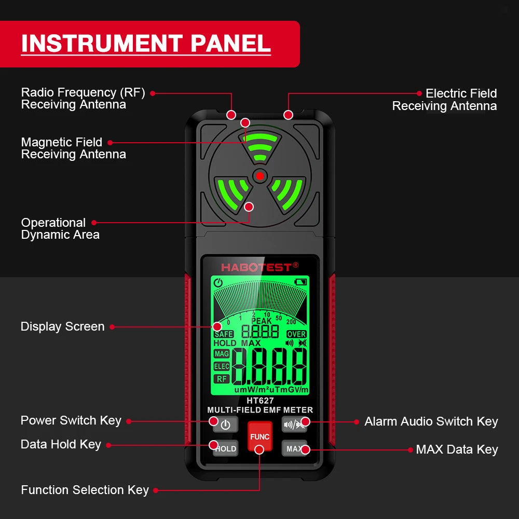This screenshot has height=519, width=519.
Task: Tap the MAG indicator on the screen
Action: [222, 354]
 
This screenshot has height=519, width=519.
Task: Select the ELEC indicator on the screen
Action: [222, 366]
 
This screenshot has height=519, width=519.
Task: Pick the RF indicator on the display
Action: [222, 379]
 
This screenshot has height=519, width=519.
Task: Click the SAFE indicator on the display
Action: [224, 334]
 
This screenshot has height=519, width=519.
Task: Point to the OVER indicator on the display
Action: [296, 334]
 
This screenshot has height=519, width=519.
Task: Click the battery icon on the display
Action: [301, 282]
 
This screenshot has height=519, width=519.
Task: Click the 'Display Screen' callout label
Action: [62, 326]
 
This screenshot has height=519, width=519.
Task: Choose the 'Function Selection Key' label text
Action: [85, 490]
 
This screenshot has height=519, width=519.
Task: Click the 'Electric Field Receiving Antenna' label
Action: [444, 100]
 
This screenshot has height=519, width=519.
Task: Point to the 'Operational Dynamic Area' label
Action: [60, 229]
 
